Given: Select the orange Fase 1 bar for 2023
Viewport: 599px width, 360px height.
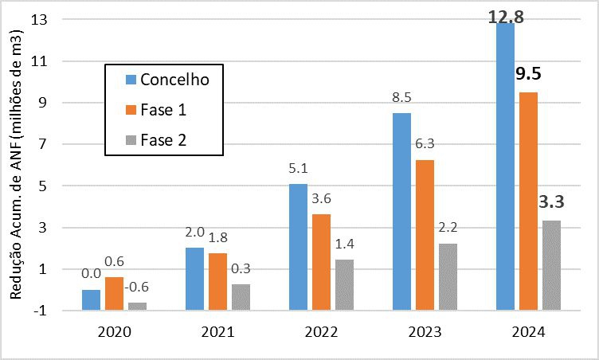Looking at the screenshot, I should [x=425, y=234].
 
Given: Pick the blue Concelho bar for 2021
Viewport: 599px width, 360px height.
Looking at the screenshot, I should [x=195, y=278].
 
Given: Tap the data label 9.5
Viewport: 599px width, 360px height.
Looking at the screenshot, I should [x=529, y=75].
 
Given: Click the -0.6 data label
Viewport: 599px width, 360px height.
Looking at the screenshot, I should [x=139, y=288].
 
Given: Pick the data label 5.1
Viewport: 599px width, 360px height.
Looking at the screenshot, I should [x=299, y=169].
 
